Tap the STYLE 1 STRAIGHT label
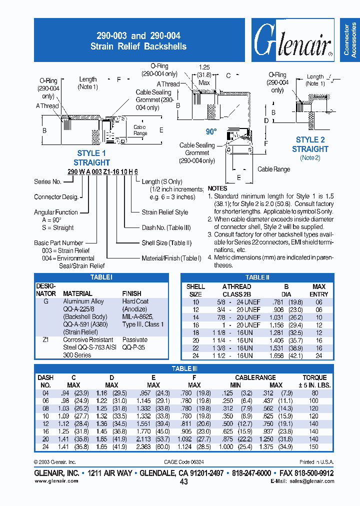91,158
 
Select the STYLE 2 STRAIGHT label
310,144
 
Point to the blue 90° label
211,131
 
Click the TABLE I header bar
101,277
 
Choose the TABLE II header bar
257,277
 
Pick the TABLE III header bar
181,368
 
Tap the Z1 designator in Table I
45,339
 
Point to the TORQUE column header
314,378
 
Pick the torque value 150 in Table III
313,447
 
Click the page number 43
183,482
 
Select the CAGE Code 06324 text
184,462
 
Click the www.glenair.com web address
56,481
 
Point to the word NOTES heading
217,188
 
